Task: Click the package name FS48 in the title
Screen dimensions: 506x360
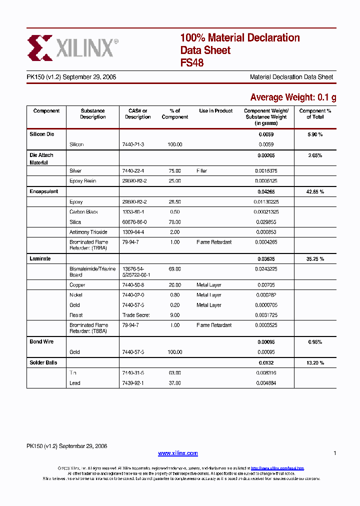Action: [x=191, y=63]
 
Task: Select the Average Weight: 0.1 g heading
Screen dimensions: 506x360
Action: [x=293, y=97]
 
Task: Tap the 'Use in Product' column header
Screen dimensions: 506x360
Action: [x=215, y=111]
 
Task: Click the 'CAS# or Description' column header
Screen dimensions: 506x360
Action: [x=137, y=114]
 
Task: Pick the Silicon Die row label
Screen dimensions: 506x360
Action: [x=41, y=134]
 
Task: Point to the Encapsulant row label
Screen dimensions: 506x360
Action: [x=43, y=191]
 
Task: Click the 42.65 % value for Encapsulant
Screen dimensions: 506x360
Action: [x=315, y=191]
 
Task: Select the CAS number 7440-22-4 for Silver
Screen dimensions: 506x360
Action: [x=133, y=171]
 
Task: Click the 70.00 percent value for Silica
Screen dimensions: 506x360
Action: [x=174, y=222]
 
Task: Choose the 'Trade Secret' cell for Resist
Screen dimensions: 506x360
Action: [x=136, y=315]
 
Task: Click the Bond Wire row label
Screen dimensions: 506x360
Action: [x=41, y=341]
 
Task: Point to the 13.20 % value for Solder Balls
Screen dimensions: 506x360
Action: [x=315, y=362]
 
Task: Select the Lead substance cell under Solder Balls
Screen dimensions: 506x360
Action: [x=75, y=383]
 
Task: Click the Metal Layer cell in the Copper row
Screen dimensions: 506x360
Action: [x=208, y=285]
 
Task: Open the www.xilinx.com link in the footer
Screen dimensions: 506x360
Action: [x=178, y=453]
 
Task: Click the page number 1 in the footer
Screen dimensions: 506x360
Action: [x=334, y=453]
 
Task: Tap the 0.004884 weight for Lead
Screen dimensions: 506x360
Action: [x=266, y=383]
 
